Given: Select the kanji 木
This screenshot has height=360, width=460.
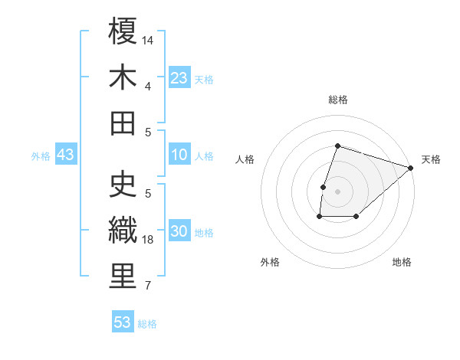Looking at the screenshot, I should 123,77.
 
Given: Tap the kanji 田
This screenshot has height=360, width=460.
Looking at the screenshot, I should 123,123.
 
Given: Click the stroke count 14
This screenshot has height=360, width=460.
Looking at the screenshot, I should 149,39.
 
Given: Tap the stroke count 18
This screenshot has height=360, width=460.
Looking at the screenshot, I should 149,240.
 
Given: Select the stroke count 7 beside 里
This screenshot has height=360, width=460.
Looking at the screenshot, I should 148,286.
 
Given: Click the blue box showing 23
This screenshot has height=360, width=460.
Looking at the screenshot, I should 179,78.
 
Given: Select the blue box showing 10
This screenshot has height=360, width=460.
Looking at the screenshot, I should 179,155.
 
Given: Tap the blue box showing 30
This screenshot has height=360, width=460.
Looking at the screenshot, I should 179,232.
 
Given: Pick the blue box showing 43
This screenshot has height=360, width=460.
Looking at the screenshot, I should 66,155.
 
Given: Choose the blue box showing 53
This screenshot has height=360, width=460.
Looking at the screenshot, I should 123,322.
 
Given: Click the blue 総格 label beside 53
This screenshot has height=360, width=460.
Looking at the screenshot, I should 147,324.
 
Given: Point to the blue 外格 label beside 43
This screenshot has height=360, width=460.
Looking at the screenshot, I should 41,156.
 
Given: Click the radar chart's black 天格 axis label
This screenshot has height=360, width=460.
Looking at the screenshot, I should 431,159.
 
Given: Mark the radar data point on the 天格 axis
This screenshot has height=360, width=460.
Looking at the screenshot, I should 411,168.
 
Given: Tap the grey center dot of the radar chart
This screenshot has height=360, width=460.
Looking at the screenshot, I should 337,191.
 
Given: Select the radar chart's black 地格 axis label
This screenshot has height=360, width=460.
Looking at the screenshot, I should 402,262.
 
